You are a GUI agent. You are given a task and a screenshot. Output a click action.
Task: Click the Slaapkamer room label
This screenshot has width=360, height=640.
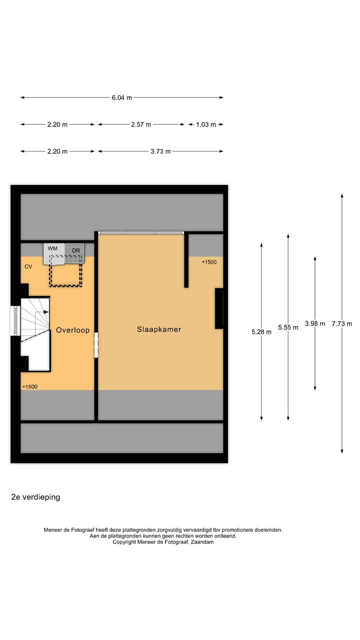tap(159, 329)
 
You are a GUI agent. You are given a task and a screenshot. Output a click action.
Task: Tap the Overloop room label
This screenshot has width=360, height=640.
tap(72, 330)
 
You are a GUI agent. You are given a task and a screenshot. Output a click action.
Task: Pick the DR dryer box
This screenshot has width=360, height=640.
tap(75, 253)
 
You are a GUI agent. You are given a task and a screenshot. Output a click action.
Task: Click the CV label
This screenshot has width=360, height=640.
tap(28, 267)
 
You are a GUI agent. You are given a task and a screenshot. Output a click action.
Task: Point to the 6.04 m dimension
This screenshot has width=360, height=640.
tap(122, 98)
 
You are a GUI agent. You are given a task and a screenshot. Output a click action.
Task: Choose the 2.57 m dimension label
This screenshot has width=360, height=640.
tap(141, 124)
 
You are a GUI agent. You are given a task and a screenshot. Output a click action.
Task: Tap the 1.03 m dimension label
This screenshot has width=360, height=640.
tap(205, 124)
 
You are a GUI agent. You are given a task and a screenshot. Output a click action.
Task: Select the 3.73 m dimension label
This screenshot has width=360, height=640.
tap(160, 151)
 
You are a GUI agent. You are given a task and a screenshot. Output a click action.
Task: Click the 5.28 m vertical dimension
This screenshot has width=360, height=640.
tap(261, 331)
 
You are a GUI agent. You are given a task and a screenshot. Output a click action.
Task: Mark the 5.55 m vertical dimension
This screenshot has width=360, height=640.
tap(288, 327)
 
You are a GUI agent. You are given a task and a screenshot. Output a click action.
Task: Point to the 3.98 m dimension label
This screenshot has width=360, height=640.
tap(315, 323)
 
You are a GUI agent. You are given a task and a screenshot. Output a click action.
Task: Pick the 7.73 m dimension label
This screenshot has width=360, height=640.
tap(342, 323)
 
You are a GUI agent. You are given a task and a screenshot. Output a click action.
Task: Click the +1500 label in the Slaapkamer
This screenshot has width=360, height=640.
tap(209, 262)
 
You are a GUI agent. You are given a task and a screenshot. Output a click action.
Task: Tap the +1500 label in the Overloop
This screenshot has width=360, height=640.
tap(30, 386)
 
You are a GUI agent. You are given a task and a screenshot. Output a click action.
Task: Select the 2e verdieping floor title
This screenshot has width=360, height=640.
tap(35, 497)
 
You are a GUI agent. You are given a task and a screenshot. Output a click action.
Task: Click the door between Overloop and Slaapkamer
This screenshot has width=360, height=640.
tap(96, 345)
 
